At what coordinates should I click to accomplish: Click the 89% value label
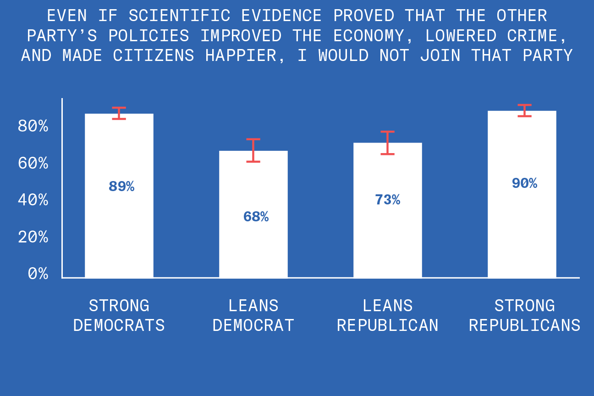click(121, 187)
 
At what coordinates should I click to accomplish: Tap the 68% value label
click(256, 217)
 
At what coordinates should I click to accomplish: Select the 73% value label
click(387, 200)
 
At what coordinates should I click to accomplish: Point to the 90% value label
click(524, 183)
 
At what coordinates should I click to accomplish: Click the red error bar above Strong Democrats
click(119, 113)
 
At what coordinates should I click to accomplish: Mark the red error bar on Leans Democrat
click(253, 150)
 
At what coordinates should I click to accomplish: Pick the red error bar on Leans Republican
click(387, 143)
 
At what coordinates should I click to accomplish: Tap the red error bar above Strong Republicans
click(525, 110)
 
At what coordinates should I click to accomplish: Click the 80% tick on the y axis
click(33, 126)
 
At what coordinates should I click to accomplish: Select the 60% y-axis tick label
click(33, 163)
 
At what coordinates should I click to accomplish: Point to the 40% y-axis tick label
click(33, 200)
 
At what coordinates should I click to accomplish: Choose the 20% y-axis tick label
click(33, 237)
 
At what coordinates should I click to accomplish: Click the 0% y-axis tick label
click(38, 274)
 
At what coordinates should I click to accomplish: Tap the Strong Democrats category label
click(119, 315)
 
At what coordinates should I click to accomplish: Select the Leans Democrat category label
click(253, 315)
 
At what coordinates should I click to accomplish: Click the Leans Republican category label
click(387, 315)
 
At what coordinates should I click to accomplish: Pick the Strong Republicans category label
click(524, 315)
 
